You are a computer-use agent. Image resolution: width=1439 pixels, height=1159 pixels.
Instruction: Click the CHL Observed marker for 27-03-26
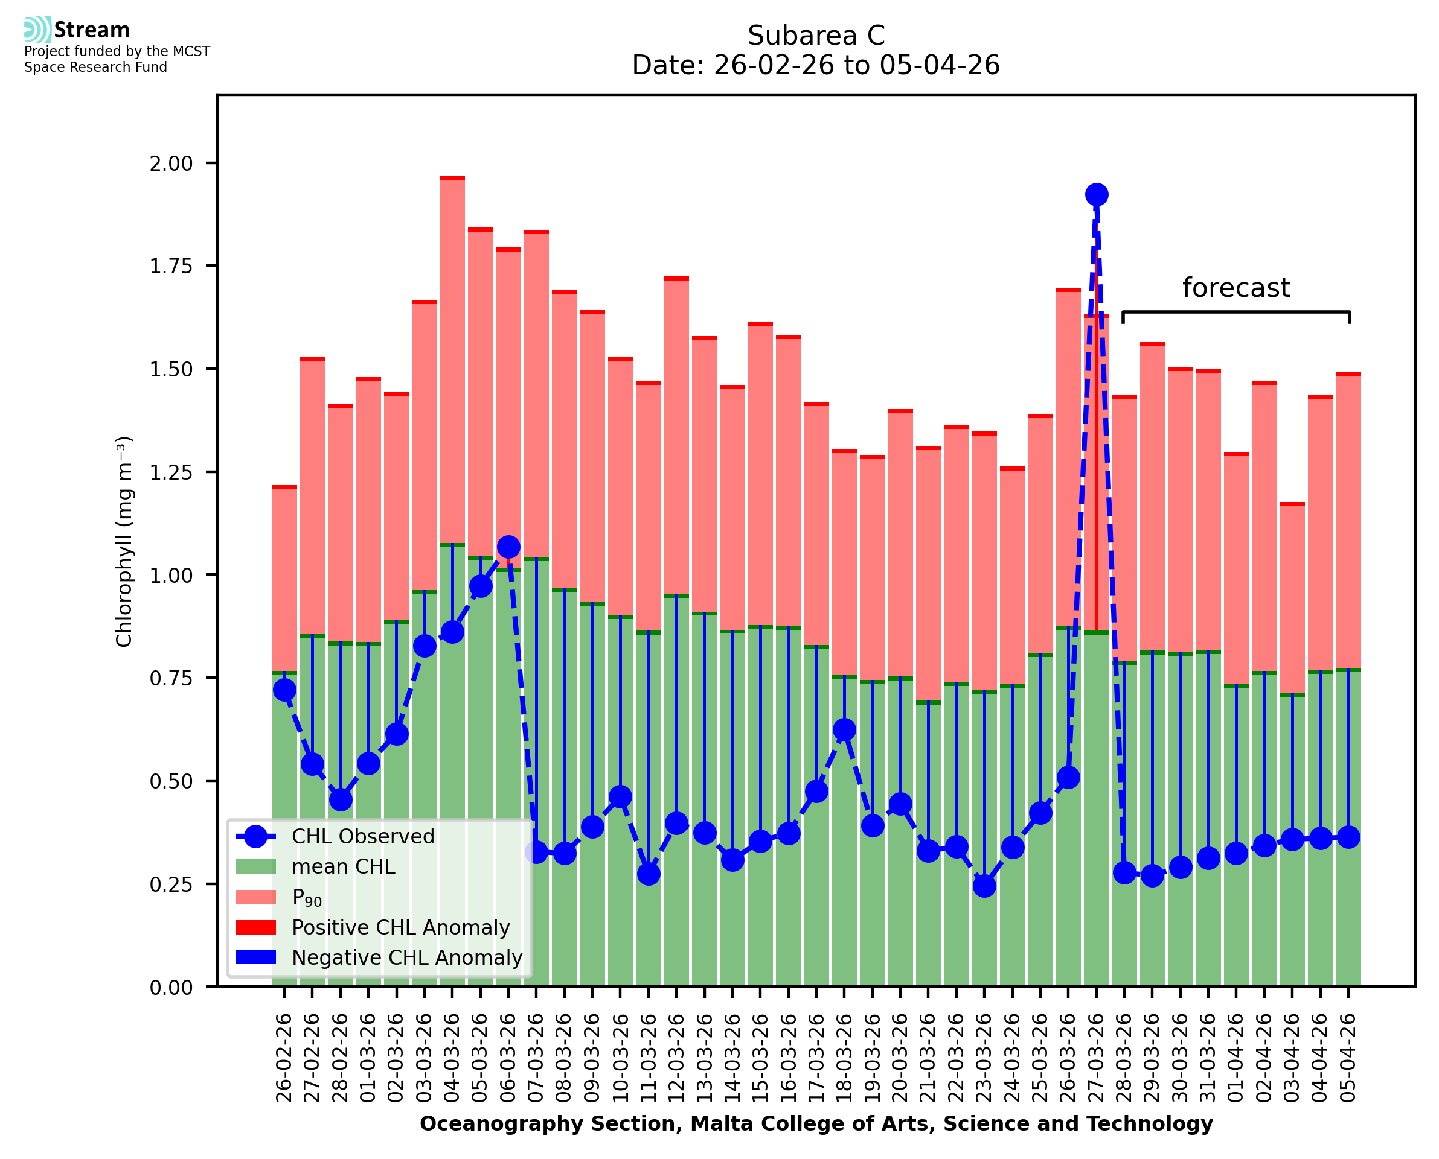coord(1095,195)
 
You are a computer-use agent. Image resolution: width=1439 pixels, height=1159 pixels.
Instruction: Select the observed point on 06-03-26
coord(508,547)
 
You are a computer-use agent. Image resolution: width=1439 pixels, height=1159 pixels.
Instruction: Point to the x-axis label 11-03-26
coord(649,1058)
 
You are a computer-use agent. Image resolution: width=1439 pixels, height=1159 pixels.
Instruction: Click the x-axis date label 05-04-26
coord(1348,1058)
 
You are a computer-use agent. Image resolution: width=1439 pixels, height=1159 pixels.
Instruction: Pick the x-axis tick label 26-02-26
coord(284,1058)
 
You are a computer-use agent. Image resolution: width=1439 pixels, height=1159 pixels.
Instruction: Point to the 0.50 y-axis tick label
coord(171,781)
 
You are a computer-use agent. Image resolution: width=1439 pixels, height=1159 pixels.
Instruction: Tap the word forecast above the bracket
coord(1236,288)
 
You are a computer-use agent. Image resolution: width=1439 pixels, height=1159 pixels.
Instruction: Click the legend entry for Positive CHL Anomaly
coord(400,927)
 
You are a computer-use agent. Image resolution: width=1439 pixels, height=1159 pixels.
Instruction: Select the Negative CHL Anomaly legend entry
coord(406,957)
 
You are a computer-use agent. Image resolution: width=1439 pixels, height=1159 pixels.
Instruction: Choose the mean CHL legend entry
coord(344,866)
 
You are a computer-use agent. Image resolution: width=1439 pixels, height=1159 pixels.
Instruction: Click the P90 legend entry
coord(307,897)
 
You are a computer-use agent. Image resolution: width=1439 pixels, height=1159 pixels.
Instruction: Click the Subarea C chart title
coord(816,36)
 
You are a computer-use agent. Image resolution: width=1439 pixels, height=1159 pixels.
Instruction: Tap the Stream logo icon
coord(37,30)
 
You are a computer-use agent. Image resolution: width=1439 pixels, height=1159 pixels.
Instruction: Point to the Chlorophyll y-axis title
coord(124,541)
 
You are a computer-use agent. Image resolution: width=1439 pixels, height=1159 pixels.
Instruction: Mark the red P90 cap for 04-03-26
coord(452,177)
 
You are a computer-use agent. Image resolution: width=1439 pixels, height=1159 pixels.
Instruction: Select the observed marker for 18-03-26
coord(844,729)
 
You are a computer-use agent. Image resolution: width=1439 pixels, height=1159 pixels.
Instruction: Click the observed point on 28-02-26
coord(341,799)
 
